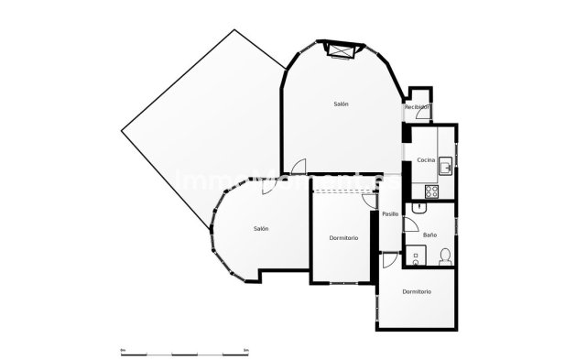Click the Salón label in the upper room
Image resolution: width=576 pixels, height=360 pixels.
coord(340,104)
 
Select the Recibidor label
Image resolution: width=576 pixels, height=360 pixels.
coord(417,107)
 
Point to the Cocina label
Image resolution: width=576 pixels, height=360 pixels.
coord(425,160)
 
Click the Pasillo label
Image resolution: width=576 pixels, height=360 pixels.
coord(390,213)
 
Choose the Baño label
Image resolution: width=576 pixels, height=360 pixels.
coord(429,235)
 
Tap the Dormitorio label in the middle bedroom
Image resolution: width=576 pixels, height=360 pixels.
coord(343,238)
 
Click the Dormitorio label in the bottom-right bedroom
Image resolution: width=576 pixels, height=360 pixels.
coord(417,291)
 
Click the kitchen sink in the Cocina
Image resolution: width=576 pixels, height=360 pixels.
coord(443,166)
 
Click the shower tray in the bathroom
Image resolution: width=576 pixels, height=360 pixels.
coord(413,256)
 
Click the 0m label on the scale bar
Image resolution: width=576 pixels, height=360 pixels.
coord(123,348)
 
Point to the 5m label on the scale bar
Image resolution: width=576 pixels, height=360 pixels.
coord(245,348)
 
